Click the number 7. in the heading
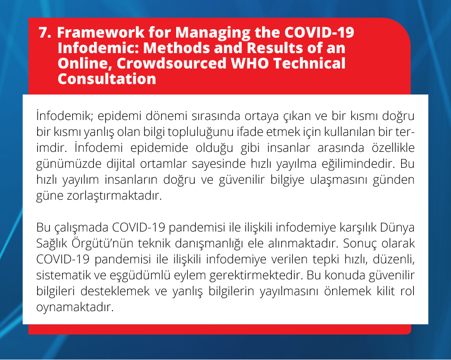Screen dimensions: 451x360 (x=45, y=32)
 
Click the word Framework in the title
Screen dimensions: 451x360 (x=101, y=32)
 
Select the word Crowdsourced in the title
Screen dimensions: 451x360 (x=172, y=63)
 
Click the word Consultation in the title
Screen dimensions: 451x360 (x=107, y=79)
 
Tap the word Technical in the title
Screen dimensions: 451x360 (x=309, y=63)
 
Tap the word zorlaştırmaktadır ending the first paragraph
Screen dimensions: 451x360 (x=99, y=196)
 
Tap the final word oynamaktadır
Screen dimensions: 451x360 (x=75, y=307)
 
